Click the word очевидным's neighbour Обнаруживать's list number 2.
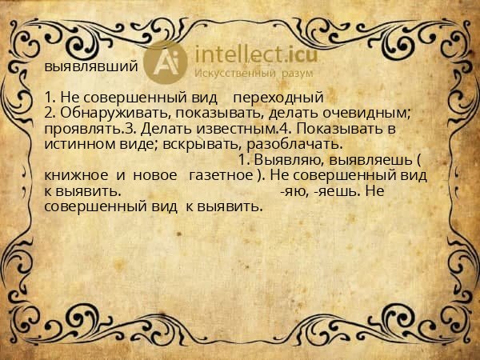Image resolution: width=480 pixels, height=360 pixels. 50,113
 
